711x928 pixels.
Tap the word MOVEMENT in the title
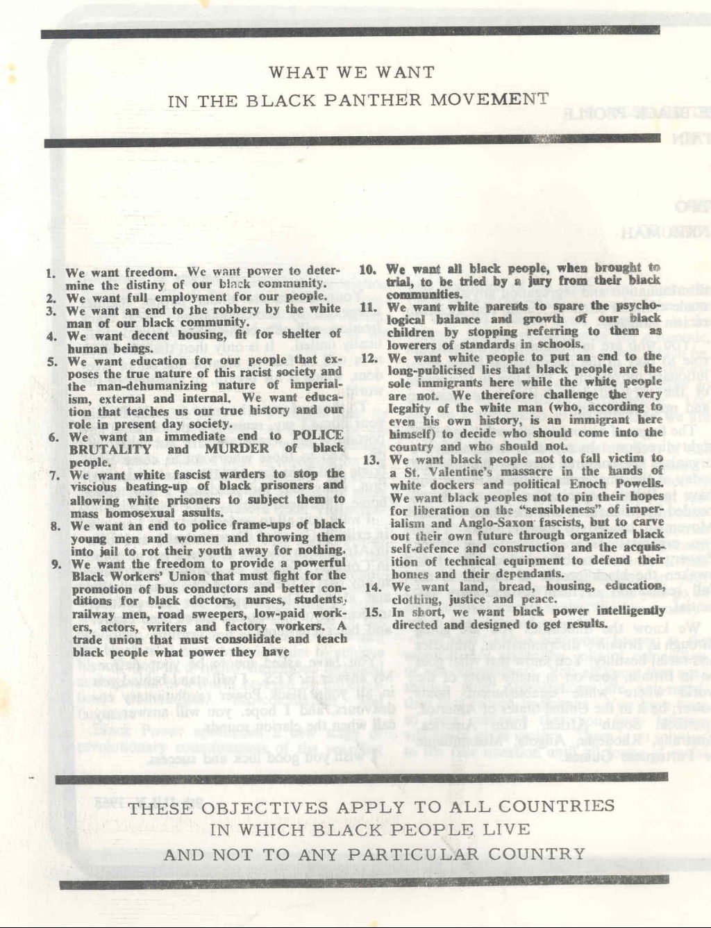[x=489, y=99]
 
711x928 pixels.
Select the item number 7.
[x=56, y=476]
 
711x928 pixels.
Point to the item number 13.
[x=370, y=459]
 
